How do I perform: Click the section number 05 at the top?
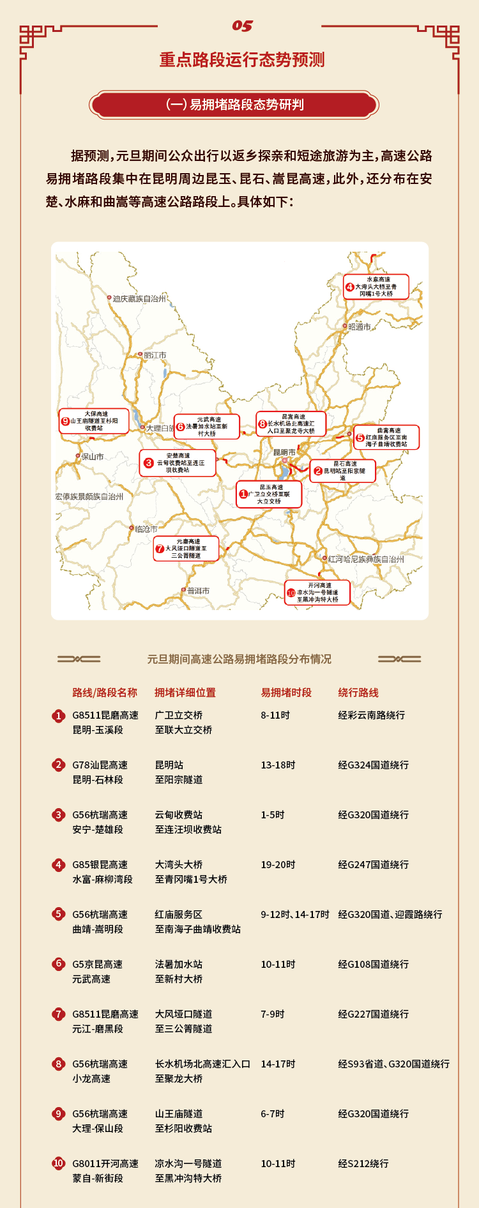[x=242, y=26]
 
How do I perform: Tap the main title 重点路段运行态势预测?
[x=242, y=60]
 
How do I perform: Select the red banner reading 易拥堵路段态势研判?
[x=234, y=105]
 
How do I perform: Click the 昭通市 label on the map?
[x=359, y=326]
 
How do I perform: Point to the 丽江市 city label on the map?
[x=155, y=355]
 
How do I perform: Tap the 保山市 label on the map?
[x=92, y=457]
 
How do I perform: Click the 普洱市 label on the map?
[x=198, y=591]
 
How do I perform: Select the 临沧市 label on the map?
[x=146, y=529]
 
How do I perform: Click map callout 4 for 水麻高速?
[x=376, y=287]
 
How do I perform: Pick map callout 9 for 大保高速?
[x=93, y=421]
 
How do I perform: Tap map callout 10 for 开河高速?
[x=317, y=592]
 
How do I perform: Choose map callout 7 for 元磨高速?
[x=186, y=549]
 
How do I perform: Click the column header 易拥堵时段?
[x=286, y=692]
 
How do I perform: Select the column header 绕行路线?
[x=358, y=692]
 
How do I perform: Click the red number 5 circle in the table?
[x=59, y=914]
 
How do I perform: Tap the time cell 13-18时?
[x=278, y=765]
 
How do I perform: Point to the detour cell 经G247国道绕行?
[x=373, y=864]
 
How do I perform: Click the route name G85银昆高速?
[x=100, y=864]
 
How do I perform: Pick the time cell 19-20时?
[x=278, y=864]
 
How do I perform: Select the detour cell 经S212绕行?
[x=363, y=1163]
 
